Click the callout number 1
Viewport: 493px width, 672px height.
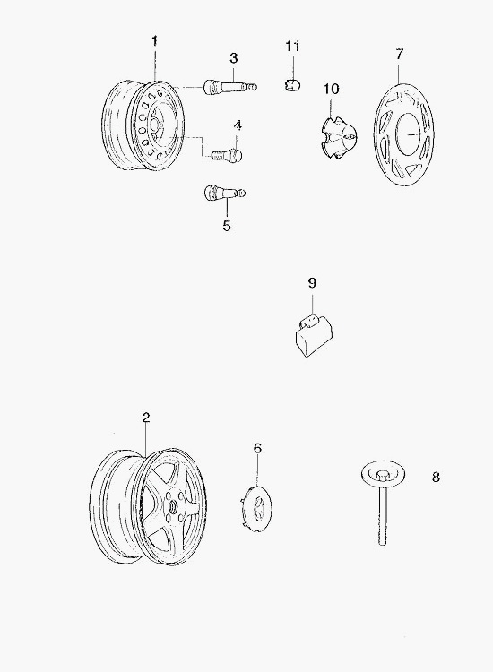click(154, 41)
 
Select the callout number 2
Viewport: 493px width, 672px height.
click(146, 418)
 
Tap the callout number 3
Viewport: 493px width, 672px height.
click(234, 58)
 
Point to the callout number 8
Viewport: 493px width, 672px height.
click(436, 477)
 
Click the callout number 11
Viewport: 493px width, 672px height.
click(293, 46)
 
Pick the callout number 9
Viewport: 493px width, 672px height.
click(312, 283)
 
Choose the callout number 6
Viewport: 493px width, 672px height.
click(257, 448)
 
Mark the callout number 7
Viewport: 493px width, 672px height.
click(400, 54)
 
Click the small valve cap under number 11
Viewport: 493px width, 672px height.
click(292, 83)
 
